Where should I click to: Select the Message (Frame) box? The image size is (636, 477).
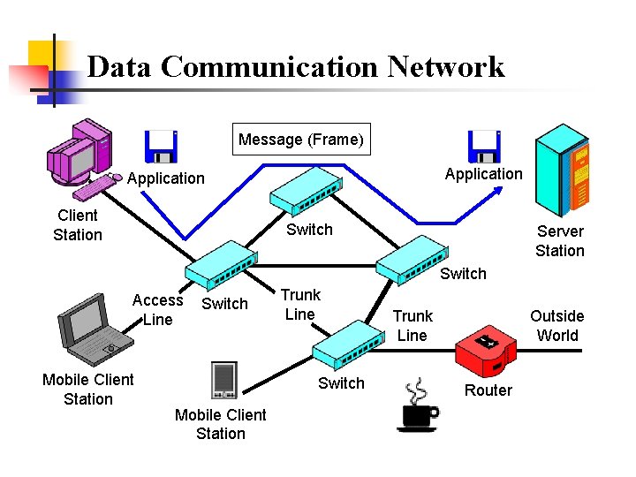[300, 139]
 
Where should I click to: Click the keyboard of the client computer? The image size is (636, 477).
[95, 186]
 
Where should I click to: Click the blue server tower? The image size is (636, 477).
[563, 168]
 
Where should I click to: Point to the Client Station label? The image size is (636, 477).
[78, 225]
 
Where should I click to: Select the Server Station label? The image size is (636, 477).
[560, 241]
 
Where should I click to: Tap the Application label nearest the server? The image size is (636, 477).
[483, 174]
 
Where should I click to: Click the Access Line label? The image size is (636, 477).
[157, 310]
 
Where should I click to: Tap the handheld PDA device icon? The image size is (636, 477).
[223, 380]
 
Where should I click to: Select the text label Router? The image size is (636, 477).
[488, 390]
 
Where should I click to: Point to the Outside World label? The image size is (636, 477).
[556, 326]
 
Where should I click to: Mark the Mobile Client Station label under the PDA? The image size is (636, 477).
[221, 424]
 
